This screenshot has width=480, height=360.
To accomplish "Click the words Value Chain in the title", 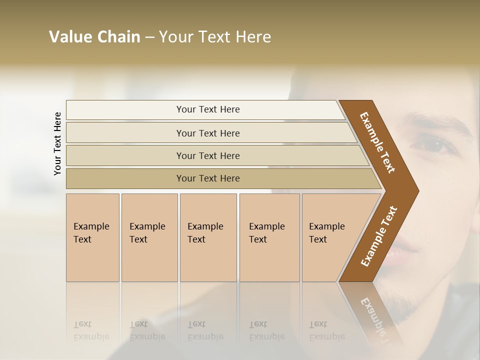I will pos(94,37).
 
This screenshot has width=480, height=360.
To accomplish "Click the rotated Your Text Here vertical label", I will pos(57,143).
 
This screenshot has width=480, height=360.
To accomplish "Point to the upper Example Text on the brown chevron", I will pos(377,142).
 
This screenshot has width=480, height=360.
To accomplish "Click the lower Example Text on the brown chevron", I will pos(379,236).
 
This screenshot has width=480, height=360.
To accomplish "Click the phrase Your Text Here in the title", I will pos(215,37).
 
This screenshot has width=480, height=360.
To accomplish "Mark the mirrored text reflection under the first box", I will pos(91,330).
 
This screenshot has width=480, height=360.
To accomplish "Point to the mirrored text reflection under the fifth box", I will pos(327,330).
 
